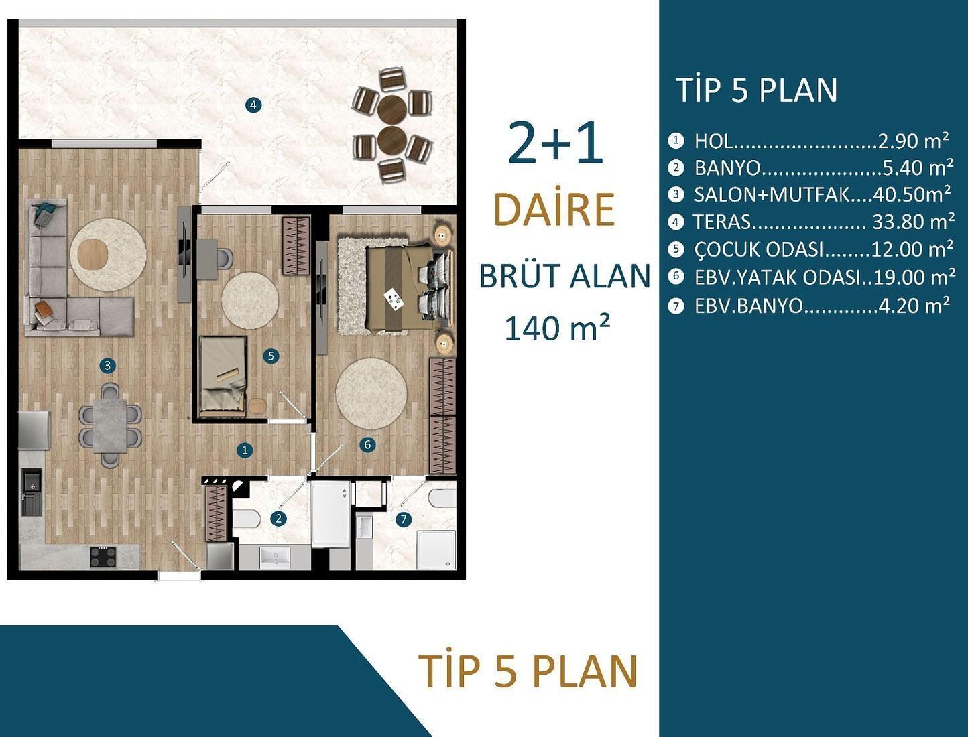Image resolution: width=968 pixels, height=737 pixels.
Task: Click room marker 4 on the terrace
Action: click(253, 105)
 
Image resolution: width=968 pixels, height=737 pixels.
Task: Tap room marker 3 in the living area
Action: click(107, 366)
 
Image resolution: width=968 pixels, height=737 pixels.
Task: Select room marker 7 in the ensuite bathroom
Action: click(403, 519)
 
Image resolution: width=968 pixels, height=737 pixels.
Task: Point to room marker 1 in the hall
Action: click(245, 450)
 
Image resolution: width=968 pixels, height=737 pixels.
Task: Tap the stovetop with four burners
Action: click(103, 557)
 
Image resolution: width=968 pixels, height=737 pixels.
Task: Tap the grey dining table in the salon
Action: click(110, 425)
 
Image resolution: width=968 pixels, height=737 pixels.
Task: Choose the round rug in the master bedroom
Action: click(371, 394)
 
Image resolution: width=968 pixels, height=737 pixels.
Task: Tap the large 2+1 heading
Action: click(555, 143)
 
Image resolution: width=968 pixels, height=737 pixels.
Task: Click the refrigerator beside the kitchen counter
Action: click(34, 429)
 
